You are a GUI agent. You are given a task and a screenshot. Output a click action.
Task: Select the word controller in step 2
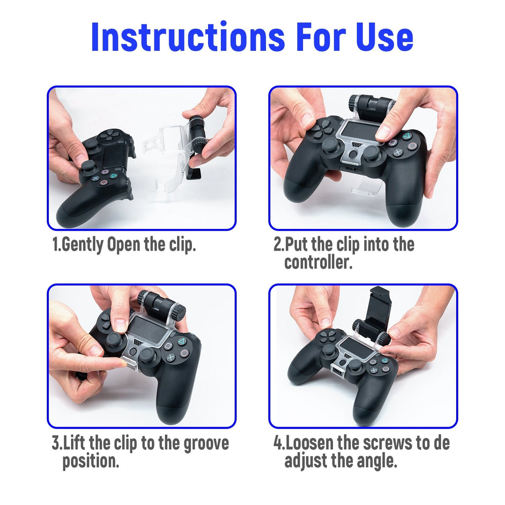pyautogui.click(x=318, y=262)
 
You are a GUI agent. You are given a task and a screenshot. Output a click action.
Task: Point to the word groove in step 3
pyautogui.click(x=206, y=444)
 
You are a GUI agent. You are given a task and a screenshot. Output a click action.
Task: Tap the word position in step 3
pyautogui.click(x=91, y=462)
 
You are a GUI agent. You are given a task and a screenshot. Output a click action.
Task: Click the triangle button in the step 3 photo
pyautogui.click(x=182, y=341)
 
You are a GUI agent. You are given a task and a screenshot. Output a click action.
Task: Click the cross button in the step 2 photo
pyautogui.click(x=398, y=152)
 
